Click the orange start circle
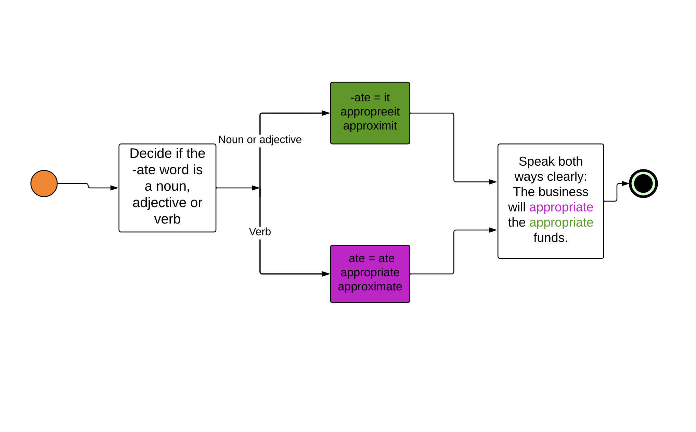pos(44,183)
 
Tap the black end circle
pos(643,183)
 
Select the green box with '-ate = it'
pos(370,113)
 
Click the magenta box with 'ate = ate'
pos(370,274)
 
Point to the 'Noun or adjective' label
pos(260,140)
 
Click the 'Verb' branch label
pos(260,232)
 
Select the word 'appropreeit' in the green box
pos(370,112)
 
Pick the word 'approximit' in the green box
pos(370,126)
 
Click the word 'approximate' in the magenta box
pos(370,287)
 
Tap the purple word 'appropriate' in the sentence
pos(561,207)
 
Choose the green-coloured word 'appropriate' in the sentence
pos(561,223)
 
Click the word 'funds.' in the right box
pos(550,238)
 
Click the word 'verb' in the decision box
pos(167,219)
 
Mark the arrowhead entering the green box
pos(326,113)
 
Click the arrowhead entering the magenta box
pos(326,274)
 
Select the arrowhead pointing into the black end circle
pos(625,183)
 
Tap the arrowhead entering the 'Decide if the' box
pos(114,188)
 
